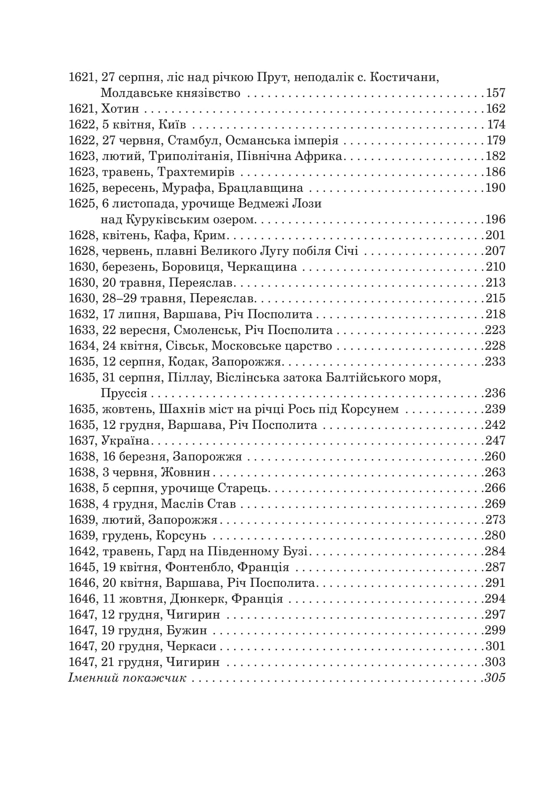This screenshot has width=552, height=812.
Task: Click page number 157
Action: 496,93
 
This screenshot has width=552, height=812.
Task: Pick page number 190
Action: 496,188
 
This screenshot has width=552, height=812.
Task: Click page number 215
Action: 496,299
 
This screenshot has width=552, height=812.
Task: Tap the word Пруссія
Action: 124,393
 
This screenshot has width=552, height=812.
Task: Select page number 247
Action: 496,441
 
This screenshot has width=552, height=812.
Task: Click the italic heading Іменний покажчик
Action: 127,678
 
